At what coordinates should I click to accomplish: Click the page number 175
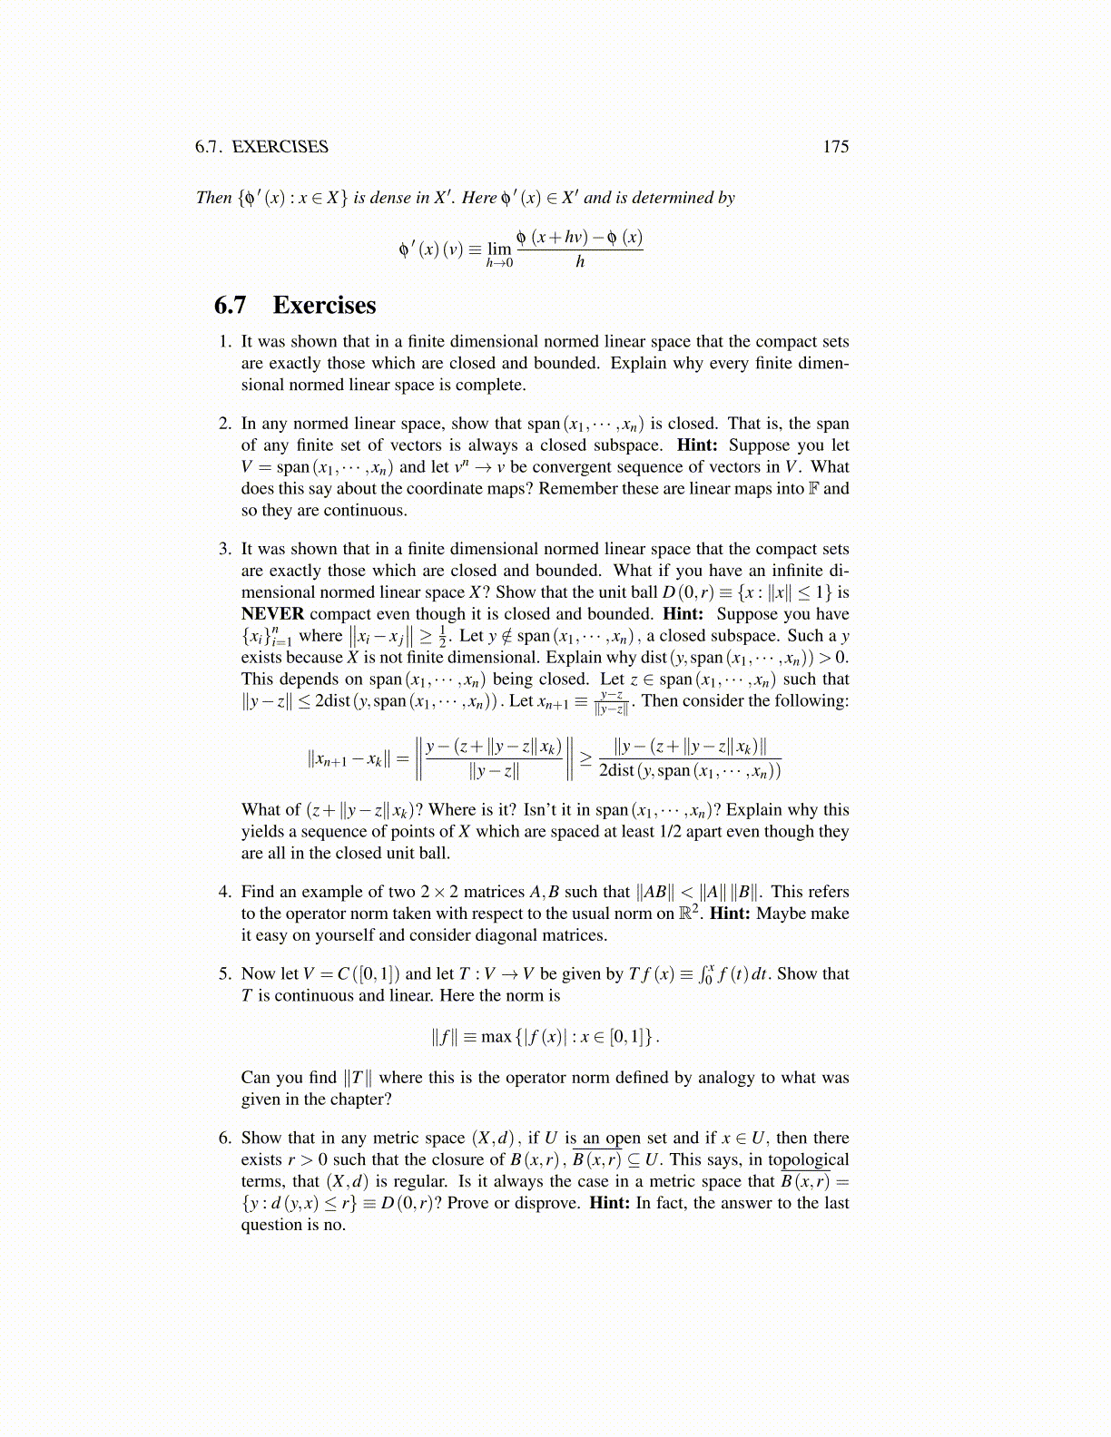pos(835,147)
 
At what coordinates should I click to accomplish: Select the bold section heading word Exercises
pos(324,305)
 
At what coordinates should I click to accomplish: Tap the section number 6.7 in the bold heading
pos(231,305)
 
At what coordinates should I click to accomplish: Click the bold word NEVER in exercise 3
pos(272,614)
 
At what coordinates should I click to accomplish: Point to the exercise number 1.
pos(225,342)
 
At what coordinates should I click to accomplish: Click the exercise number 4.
pos(225,892)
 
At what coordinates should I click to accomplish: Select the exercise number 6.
pos(225,1138)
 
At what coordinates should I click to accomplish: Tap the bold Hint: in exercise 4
pos(730,914)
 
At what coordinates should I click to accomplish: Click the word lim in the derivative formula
pos(499,249)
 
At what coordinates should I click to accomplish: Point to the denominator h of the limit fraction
pos(580,262)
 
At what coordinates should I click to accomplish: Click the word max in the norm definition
pos(497,1036)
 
